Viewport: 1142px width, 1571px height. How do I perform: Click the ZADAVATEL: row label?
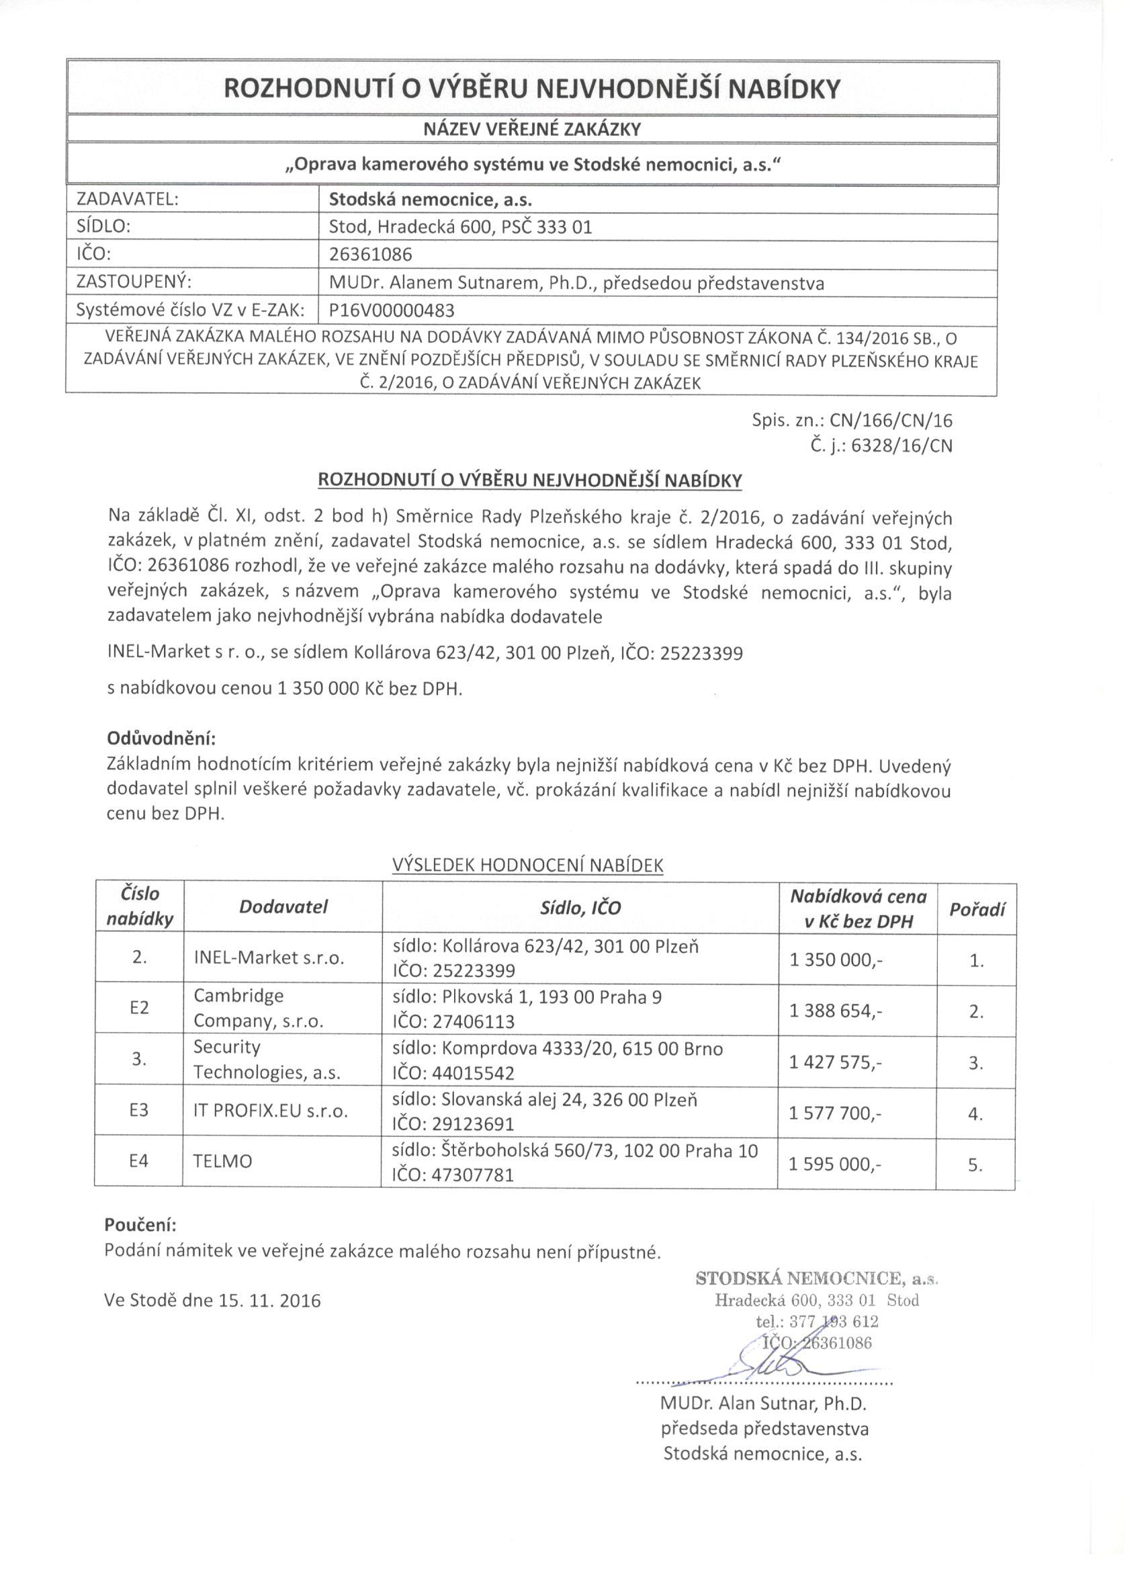tap(128, 200)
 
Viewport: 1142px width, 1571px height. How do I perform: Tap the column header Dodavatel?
tap(283, 906)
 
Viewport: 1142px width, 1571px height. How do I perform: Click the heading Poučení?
tap(140, 1225)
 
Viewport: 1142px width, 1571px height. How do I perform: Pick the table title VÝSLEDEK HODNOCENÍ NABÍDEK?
tap(528, 865)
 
